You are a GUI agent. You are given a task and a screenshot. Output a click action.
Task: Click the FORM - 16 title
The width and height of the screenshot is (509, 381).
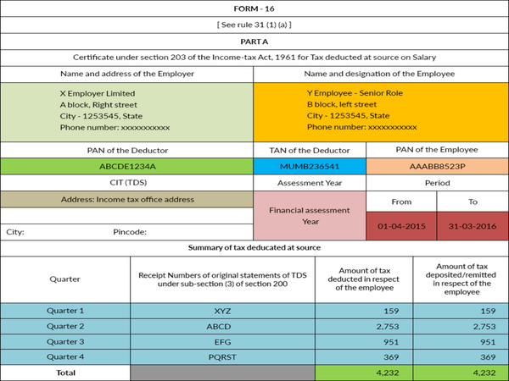[254, 8]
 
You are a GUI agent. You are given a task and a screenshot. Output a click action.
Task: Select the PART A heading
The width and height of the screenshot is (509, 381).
[254, 40]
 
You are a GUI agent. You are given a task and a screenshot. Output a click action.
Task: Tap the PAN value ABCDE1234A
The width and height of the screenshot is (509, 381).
[127, 166]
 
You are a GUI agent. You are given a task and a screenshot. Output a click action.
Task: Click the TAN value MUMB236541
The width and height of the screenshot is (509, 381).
[310, 166]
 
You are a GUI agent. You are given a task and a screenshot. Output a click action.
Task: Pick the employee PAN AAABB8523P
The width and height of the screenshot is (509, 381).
[436, 166]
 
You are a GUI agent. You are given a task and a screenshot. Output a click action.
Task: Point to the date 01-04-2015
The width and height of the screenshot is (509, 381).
[400, 227]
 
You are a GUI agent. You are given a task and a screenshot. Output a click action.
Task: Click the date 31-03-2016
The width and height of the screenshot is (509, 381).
[472, 227]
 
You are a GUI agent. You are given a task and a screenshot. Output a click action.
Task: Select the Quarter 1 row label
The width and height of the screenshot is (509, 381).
[65, 310]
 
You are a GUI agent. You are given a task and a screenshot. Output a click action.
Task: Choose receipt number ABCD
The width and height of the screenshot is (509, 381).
[223, 325]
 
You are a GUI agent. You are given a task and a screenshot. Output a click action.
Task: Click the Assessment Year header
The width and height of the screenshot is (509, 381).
[310, 182]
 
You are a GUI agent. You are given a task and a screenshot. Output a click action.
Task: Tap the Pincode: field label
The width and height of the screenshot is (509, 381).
[130, 231]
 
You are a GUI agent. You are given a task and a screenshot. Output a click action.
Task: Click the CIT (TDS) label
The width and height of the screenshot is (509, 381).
[127, 182]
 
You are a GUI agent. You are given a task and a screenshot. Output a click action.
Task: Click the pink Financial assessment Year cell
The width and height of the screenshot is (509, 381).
[310, 215]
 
